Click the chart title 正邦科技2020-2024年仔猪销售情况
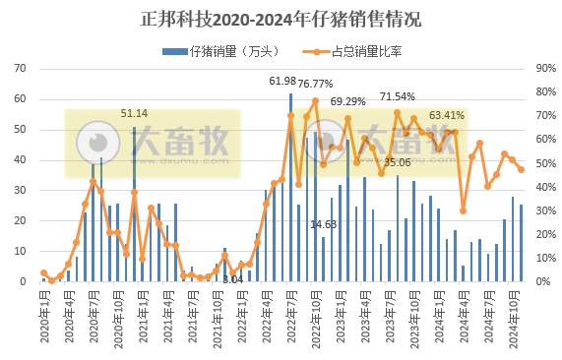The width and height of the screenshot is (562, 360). tap(281, 19)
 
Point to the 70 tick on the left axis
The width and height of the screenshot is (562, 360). tap(20, 69)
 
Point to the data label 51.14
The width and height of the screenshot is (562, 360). tap(135, 113)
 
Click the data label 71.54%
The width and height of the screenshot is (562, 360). tap(398, 96)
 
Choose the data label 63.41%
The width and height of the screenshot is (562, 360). tap(447, 115)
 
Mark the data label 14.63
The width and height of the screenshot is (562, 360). tap(323, 224)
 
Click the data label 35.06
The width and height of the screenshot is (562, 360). tap(398, 162)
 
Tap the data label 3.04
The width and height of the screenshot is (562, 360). tap(232, 279)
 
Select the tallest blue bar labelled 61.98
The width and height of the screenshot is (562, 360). tap(290, 187)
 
